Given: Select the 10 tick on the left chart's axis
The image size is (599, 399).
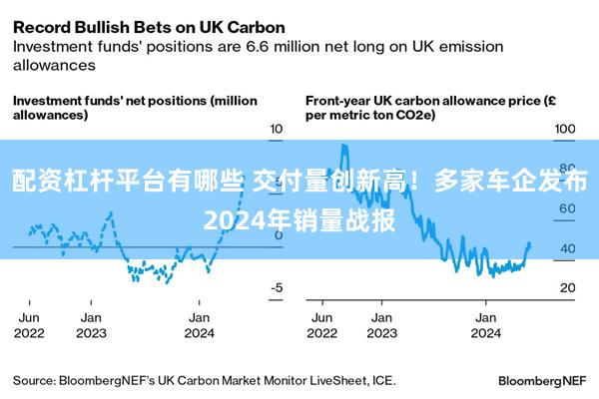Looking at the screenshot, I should pyautogui.click(x=277, y=130).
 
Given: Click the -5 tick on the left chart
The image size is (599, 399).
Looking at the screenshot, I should pyautogui.click(x=277, y=288).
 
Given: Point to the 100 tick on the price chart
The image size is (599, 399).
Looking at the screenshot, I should pyautogui.click(x=565, y=130).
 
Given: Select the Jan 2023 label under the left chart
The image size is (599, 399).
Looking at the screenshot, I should pyautogui.click(x=91, y=326).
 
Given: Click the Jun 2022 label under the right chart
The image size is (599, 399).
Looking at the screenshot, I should pyautogui.click(x=323, y=326).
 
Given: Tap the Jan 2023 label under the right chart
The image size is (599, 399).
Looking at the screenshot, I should pyautogui.click(x=380, y=326).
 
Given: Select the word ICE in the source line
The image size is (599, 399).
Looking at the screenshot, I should pyautogui.click(x=382, y=380).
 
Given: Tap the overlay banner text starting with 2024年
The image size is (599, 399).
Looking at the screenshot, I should pyautogui.click(x=299, y=217).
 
